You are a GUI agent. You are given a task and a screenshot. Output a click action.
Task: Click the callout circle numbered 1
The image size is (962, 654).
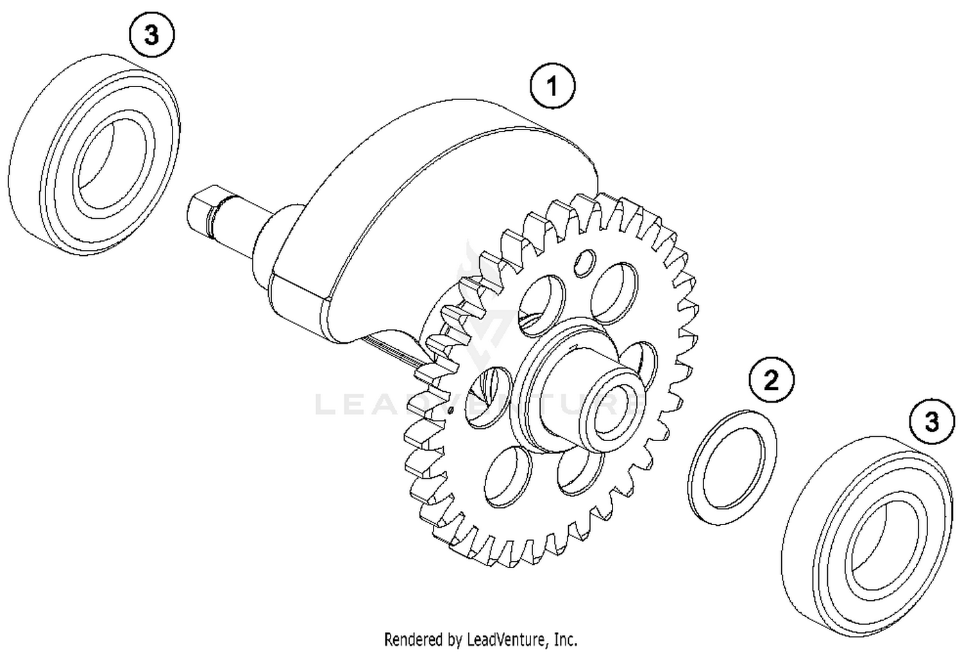tap(552, 86)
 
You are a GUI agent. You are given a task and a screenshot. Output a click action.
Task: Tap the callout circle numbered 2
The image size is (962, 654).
tap(772, 380)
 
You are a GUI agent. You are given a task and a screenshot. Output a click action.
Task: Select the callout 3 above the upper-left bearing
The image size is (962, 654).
tap(151, 35)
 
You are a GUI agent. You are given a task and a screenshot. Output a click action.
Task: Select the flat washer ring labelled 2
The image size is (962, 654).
tap(732, 467)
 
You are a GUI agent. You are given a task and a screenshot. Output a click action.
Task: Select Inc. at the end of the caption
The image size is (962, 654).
tap(566, 639)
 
